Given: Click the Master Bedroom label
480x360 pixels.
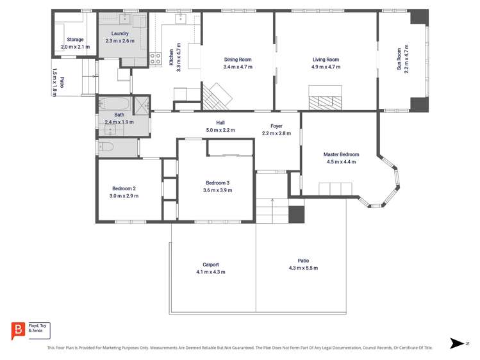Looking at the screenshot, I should (x=340, y=154).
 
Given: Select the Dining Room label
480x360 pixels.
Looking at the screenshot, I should (x=237, y=60).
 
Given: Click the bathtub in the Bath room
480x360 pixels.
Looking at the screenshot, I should (x=114, y=104).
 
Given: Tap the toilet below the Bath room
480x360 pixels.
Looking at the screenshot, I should (x=106, y=147).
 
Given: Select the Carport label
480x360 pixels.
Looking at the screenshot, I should (x=210, y=265).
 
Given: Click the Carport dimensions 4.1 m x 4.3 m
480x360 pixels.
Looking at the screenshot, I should (x=210, y=272).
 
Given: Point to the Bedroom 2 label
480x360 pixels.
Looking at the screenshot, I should (x=124, y=188).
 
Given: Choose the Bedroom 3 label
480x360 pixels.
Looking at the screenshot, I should (x=217, y=183).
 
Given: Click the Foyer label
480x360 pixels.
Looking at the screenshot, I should (x=276, y=126).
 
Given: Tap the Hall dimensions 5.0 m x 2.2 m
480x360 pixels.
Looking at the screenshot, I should (x=220, y=130).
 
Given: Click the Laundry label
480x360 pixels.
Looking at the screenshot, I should (x=120, y=34).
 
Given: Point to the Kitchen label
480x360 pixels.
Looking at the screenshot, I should (x=171, y=57).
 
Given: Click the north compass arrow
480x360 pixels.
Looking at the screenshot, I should (x=456, y=343).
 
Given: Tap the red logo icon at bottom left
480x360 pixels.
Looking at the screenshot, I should (x=19, y=331).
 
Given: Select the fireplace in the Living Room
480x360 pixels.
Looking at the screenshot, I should (x=325, y=102).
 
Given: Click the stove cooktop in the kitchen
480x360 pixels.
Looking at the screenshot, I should (x=155, y=60).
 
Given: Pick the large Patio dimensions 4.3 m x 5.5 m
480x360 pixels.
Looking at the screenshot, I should (x=303, y=268).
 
